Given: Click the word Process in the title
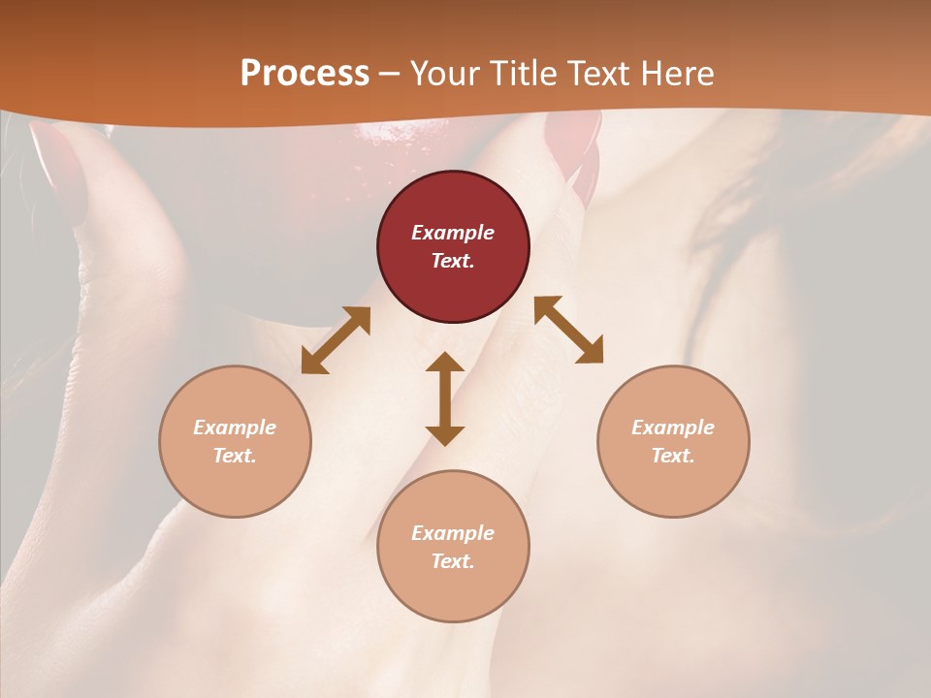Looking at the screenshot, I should click(305, 74).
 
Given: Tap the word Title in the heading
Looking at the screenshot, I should click(525, 74).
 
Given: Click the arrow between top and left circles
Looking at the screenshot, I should click(336, 340).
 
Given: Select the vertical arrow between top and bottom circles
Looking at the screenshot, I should click(445, 398).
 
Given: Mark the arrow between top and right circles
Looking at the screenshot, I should click(569, 331).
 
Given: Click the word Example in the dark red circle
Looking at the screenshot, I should click(453, 233).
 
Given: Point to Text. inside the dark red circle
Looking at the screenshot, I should click(453, 261).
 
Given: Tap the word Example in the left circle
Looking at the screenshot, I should click(235, 428).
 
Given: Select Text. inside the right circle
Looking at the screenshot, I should click(673, 456).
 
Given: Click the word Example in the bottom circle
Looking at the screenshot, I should click(453, 533).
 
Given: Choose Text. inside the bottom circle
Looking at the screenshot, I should click(453, 561).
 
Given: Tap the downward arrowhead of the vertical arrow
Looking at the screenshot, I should click(445, 433).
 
